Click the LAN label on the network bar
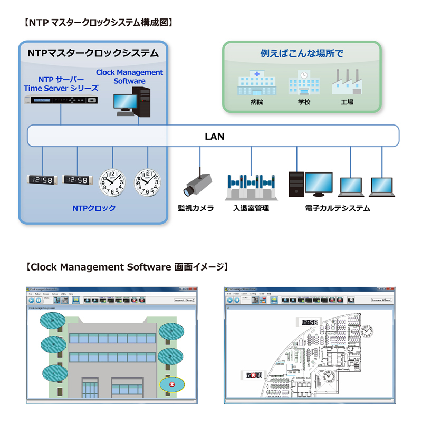click(x=214, y=137)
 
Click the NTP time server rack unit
click(x=62, y=100)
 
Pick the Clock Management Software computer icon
click(x=133, y=101)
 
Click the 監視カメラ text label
click(x=196, y=208)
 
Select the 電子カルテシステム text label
click(x=337, y=208)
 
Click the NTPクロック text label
click(x=94, y=208)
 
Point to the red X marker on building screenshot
click(x=172, y=385)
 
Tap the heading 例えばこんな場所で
click(x=302, y=53)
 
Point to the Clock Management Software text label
click(x=129, y=76)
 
